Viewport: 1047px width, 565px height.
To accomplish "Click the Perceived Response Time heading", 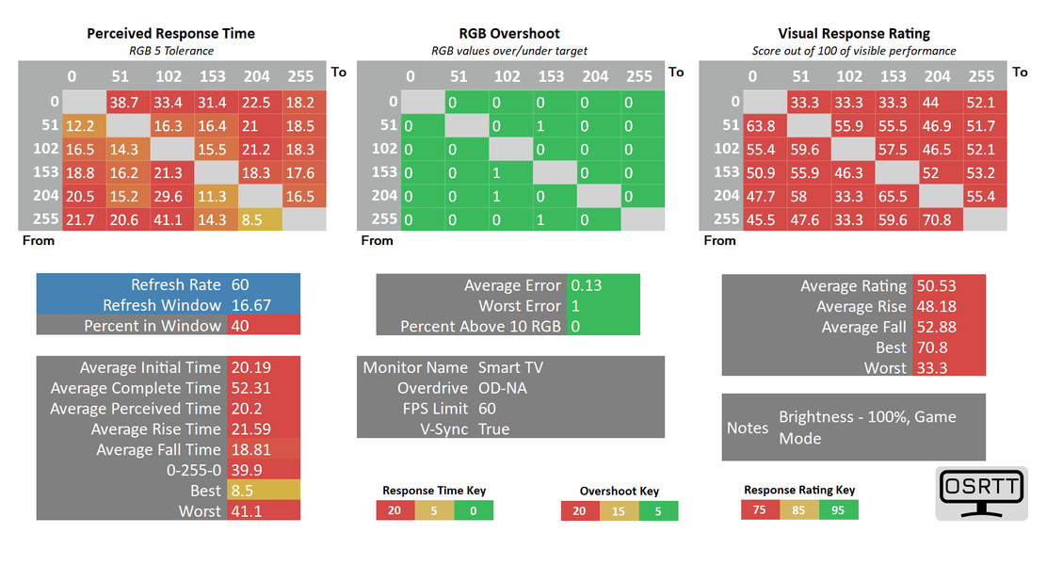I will coord(170,33).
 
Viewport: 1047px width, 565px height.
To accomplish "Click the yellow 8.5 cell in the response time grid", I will coord(254,218).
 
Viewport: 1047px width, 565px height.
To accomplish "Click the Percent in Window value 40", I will coord(240,326).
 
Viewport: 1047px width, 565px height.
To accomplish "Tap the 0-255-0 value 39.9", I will coord(246,470).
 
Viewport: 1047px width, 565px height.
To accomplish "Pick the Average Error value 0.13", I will coord(587,285).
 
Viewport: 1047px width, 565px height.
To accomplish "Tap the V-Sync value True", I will coord(494,429).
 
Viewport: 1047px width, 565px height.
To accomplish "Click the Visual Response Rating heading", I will coord(854,33).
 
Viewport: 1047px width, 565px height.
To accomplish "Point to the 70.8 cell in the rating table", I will coord(938,218).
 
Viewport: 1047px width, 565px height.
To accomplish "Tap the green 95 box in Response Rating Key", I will coord(838,509).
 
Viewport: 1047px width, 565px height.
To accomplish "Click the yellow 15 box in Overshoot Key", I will coord(619,510).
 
